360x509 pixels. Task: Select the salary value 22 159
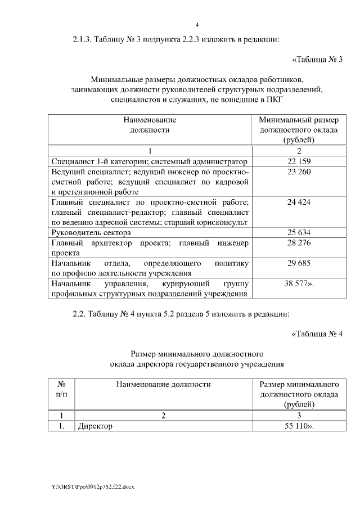[x=298, y=161]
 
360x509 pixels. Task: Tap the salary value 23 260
[x=298, y=172]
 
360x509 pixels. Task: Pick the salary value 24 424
[x=298, y=202]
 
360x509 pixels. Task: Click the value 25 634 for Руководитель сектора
[x=298, y=232]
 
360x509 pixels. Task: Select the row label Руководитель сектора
[x=91, y=232]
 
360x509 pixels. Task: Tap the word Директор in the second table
[x=96, y=426]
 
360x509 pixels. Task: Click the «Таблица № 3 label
[x=317, y=59]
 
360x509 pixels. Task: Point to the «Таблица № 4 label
[x=317, y=335]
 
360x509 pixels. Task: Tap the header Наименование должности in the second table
[x=163, y=384]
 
